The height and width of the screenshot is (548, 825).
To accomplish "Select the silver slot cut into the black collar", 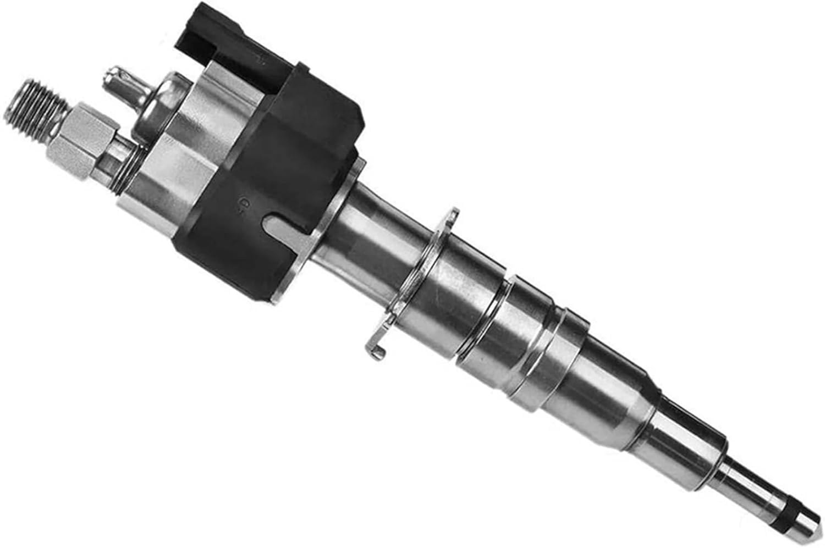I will point(286,225).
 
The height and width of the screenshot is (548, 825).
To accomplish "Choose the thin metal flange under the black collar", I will point(330,231).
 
